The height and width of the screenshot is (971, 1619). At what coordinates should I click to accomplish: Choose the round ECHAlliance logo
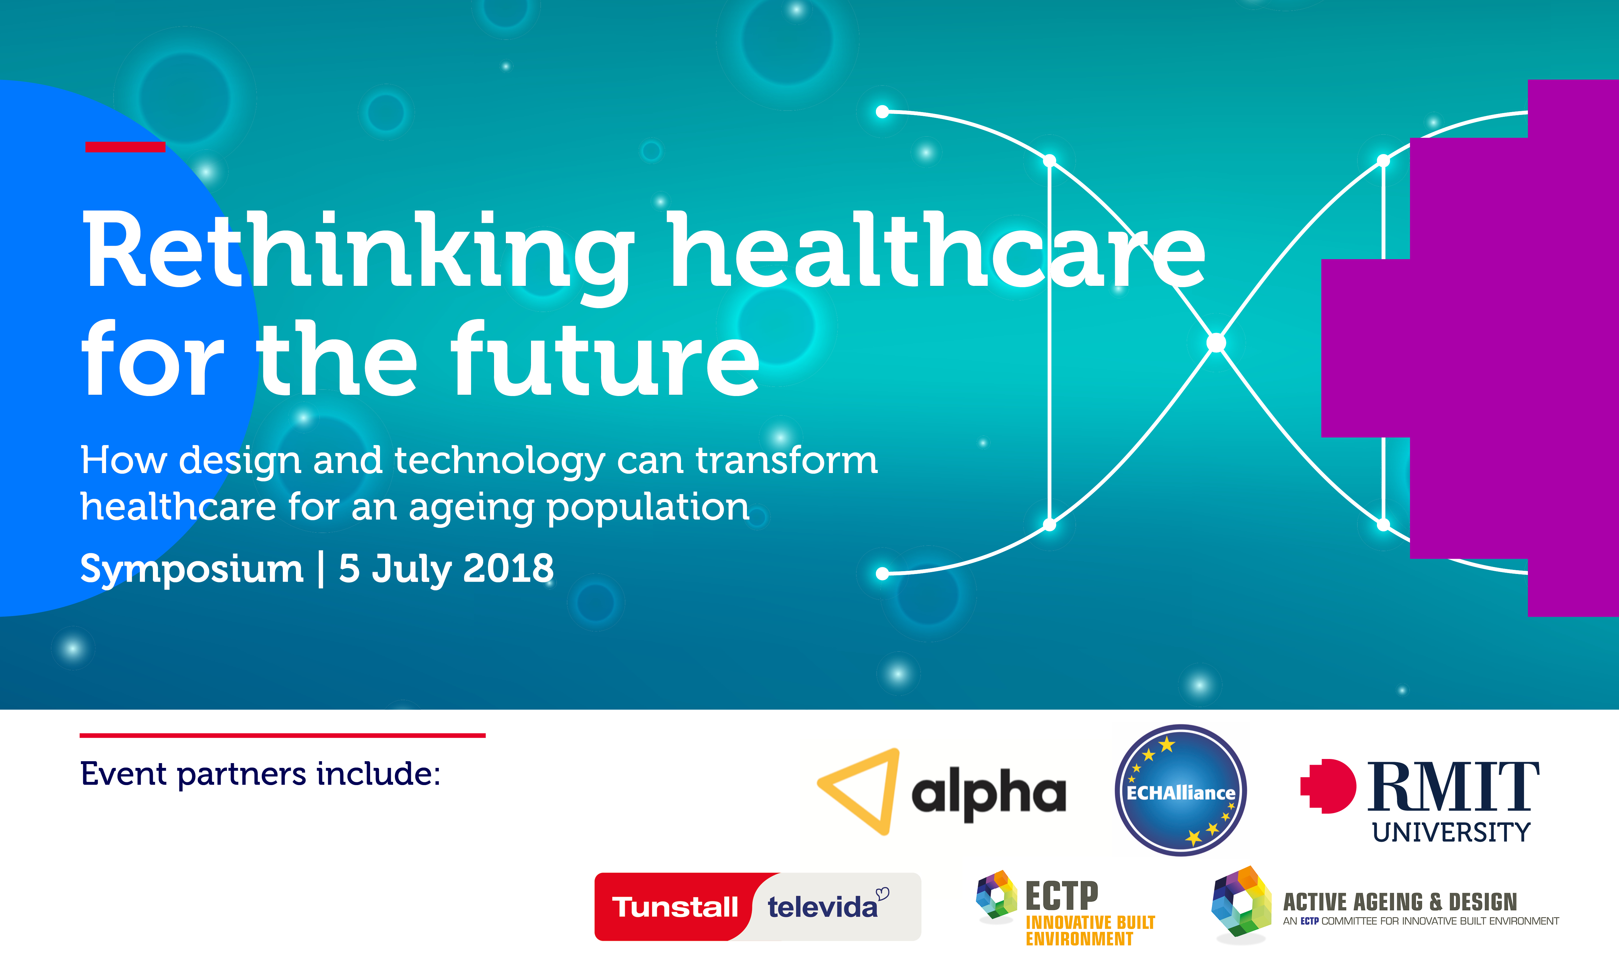click(x=1180, y=790)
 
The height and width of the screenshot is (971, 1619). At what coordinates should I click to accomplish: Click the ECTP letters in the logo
click(x=1062, y=896)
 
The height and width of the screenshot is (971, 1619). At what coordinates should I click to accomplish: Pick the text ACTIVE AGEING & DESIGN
click(x=1400, y=902)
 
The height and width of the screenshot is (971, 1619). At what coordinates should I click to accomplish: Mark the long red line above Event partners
click(x=283, y=735)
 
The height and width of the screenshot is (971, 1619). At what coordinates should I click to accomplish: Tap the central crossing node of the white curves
click(x=1216, y=342)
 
